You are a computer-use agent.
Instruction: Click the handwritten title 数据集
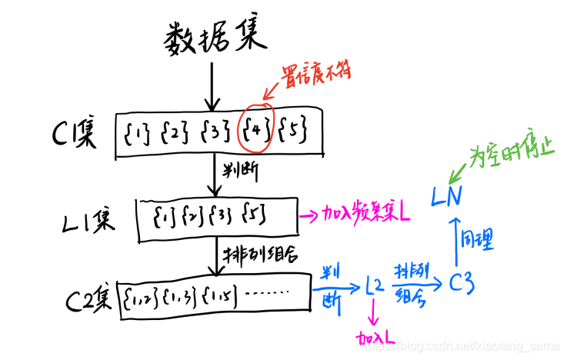[214, 37]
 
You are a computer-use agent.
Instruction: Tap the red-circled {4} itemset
[255, 132]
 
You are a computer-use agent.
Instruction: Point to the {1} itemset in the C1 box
[136, 133]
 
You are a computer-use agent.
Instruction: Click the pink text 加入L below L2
[376, 336]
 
